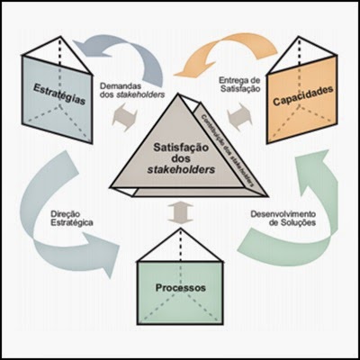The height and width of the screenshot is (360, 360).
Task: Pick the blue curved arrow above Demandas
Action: coord(121,49)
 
